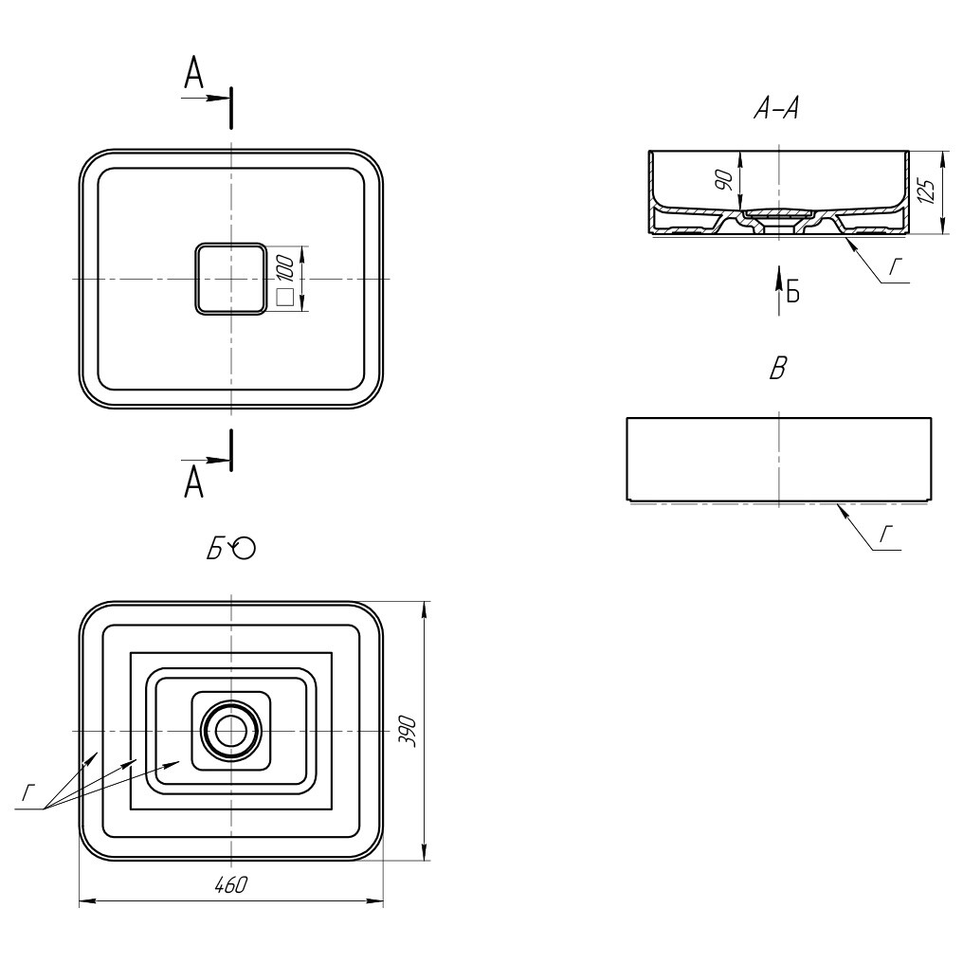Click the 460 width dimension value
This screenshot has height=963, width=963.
click(231, 884)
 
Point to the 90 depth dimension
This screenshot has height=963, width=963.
click(725, 180)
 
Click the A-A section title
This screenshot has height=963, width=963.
click(777, 109)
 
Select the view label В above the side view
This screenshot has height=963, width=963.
click(778, 369)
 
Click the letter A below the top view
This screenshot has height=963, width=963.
click(193, 481)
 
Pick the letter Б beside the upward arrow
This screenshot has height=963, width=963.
click(793, 292)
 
